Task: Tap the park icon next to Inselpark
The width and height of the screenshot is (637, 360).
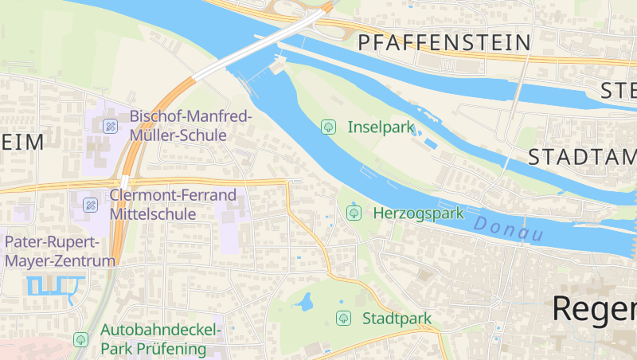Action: click(328, 127)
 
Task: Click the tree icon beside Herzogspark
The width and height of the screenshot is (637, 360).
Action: click(354, 213)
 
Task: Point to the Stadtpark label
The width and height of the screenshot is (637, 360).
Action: click(397, 319)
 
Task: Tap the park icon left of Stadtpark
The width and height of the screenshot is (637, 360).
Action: click(343, 319)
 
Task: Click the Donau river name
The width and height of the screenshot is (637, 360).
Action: click(509, 229)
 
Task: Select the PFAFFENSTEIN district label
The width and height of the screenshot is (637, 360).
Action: click(444, 43)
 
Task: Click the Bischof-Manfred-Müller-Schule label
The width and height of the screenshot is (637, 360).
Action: click(190, 126)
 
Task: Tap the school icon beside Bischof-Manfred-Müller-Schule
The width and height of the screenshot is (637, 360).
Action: click(110, 126)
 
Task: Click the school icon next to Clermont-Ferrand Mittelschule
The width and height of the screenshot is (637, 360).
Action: click(90, 205)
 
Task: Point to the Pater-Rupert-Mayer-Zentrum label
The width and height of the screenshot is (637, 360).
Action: click(60, 251)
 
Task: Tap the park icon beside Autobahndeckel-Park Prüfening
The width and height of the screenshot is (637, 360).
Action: click(80, 339)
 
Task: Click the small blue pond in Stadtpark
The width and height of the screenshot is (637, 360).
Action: click(305, 302)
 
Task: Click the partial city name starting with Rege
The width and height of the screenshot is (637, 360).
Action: click(593, 309)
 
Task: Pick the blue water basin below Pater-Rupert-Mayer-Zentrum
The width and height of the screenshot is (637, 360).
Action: click(56, 284)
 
